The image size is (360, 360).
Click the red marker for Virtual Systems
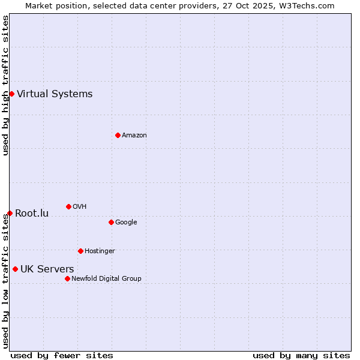pyautogui.click(x=11, y=94)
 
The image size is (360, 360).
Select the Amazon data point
pyautogui.click(x=118, y=135)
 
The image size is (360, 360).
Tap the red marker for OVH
pyautogui.click(x=68, y=206)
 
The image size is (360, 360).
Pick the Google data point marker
pyautogui.click(x=111, y=222)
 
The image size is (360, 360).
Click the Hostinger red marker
pyautogui.click(x=80, y=251)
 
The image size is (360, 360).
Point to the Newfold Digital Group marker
pyautogui.click(x=67, y=278)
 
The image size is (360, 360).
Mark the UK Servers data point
pyautogui.click(x=15, y=269)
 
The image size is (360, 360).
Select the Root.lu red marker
pyautogui.click(x=10, y=213)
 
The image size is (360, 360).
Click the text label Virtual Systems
pyautogui.click(x=55, y=94)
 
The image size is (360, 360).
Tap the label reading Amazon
pyautogui.click(x=134, y=135)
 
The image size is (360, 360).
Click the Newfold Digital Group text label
pyautogui.click(x=106, y=278)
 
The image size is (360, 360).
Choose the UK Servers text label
pyautogui.click(x=47, y=269)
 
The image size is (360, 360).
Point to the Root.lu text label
pyautogui.click(x=32, y=213)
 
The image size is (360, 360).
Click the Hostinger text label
pyautogui.click(x=100, y=251)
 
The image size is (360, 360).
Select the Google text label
pyautogui.click(x=126, y=222)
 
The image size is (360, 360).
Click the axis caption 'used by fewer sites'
pyautogui.click(x=62, y=355)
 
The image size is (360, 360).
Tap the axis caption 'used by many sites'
pyautogui.click(x=301, y=355)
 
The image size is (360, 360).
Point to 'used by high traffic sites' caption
pyautogui.click(x=5, y=85)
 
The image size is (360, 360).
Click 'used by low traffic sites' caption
pyautogui.click(x=5, y=281)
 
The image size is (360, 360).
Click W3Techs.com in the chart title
pyautogui.click(x=307, y=5)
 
